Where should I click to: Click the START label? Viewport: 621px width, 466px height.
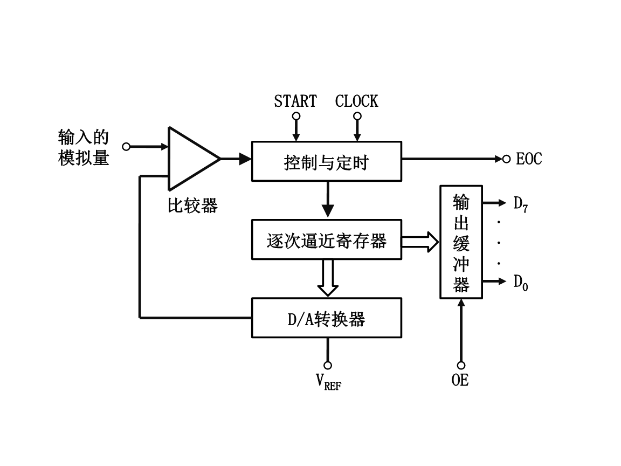(x=295, y=101)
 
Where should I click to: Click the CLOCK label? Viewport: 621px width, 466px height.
(x=356, y=101)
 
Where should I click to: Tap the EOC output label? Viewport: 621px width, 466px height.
(x=529, y=159)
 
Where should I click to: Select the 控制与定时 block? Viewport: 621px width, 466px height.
(x=327, y=161)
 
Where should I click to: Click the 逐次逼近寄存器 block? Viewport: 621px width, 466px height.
(x=327, y=239)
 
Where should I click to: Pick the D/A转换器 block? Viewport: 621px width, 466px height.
(x=327, y=318)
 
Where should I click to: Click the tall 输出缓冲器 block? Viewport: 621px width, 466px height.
(x=461, y=242)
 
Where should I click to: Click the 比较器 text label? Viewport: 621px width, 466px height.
(x=192, y=205)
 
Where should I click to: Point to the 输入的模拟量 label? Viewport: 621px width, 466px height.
(x=84, y=147)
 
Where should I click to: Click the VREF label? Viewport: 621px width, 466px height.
(x=328, y=381)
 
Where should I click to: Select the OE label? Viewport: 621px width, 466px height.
(x=460, y=380)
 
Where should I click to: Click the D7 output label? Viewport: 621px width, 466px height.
(x=520, y=204)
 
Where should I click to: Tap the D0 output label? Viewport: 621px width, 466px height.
(x=520, y=282)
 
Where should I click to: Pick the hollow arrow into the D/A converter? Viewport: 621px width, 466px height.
(x=327, y=278)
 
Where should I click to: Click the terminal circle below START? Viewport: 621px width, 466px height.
(x=295, y=116)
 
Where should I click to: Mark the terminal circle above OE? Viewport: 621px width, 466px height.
(x=461, y=365)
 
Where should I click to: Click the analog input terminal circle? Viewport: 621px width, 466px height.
(x=127, y=146)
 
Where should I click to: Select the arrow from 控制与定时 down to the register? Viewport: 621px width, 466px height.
(x=327, y=200)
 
